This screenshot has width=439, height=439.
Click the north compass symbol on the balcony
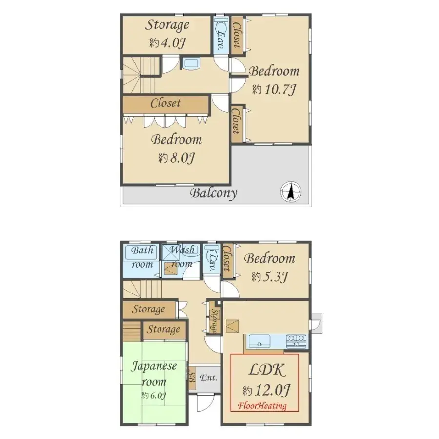(x=291, y=192)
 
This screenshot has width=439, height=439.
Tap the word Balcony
(x=214, y=193)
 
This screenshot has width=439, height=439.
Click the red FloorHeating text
(x=262, y=406)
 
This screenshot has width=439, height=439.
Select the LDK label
(x=267, y=370)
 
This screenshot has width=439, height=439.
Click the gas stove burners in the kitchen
(x=296, y=341)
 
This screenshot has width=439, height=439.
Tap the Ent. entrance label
(x=209, y=378)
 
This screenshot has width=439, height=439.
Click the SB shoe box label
(x=192, y=377)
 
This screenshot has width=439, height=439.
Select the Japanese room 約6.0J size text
(x=154, y=396)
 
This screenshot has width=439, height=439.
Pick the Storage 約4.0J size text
(x=167, y=43)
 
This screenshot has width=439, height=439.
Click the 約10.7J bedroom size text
(x=274, y=90)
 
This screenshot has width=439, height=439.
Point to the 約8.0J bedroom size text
(x=177, y=158)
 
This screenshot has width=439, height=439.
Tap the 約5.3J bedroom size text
(x=270, y=277)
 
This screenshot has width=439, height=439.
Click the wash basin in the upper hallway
(x=191, y=63)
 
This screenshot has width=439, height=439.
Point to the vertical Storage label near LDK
(x=215, y=321)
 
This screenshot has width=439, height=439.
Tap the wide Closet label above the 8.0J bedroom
(x=165, y=104)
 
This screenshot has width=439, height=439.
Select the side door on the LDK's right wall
(x=317, y=323)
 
